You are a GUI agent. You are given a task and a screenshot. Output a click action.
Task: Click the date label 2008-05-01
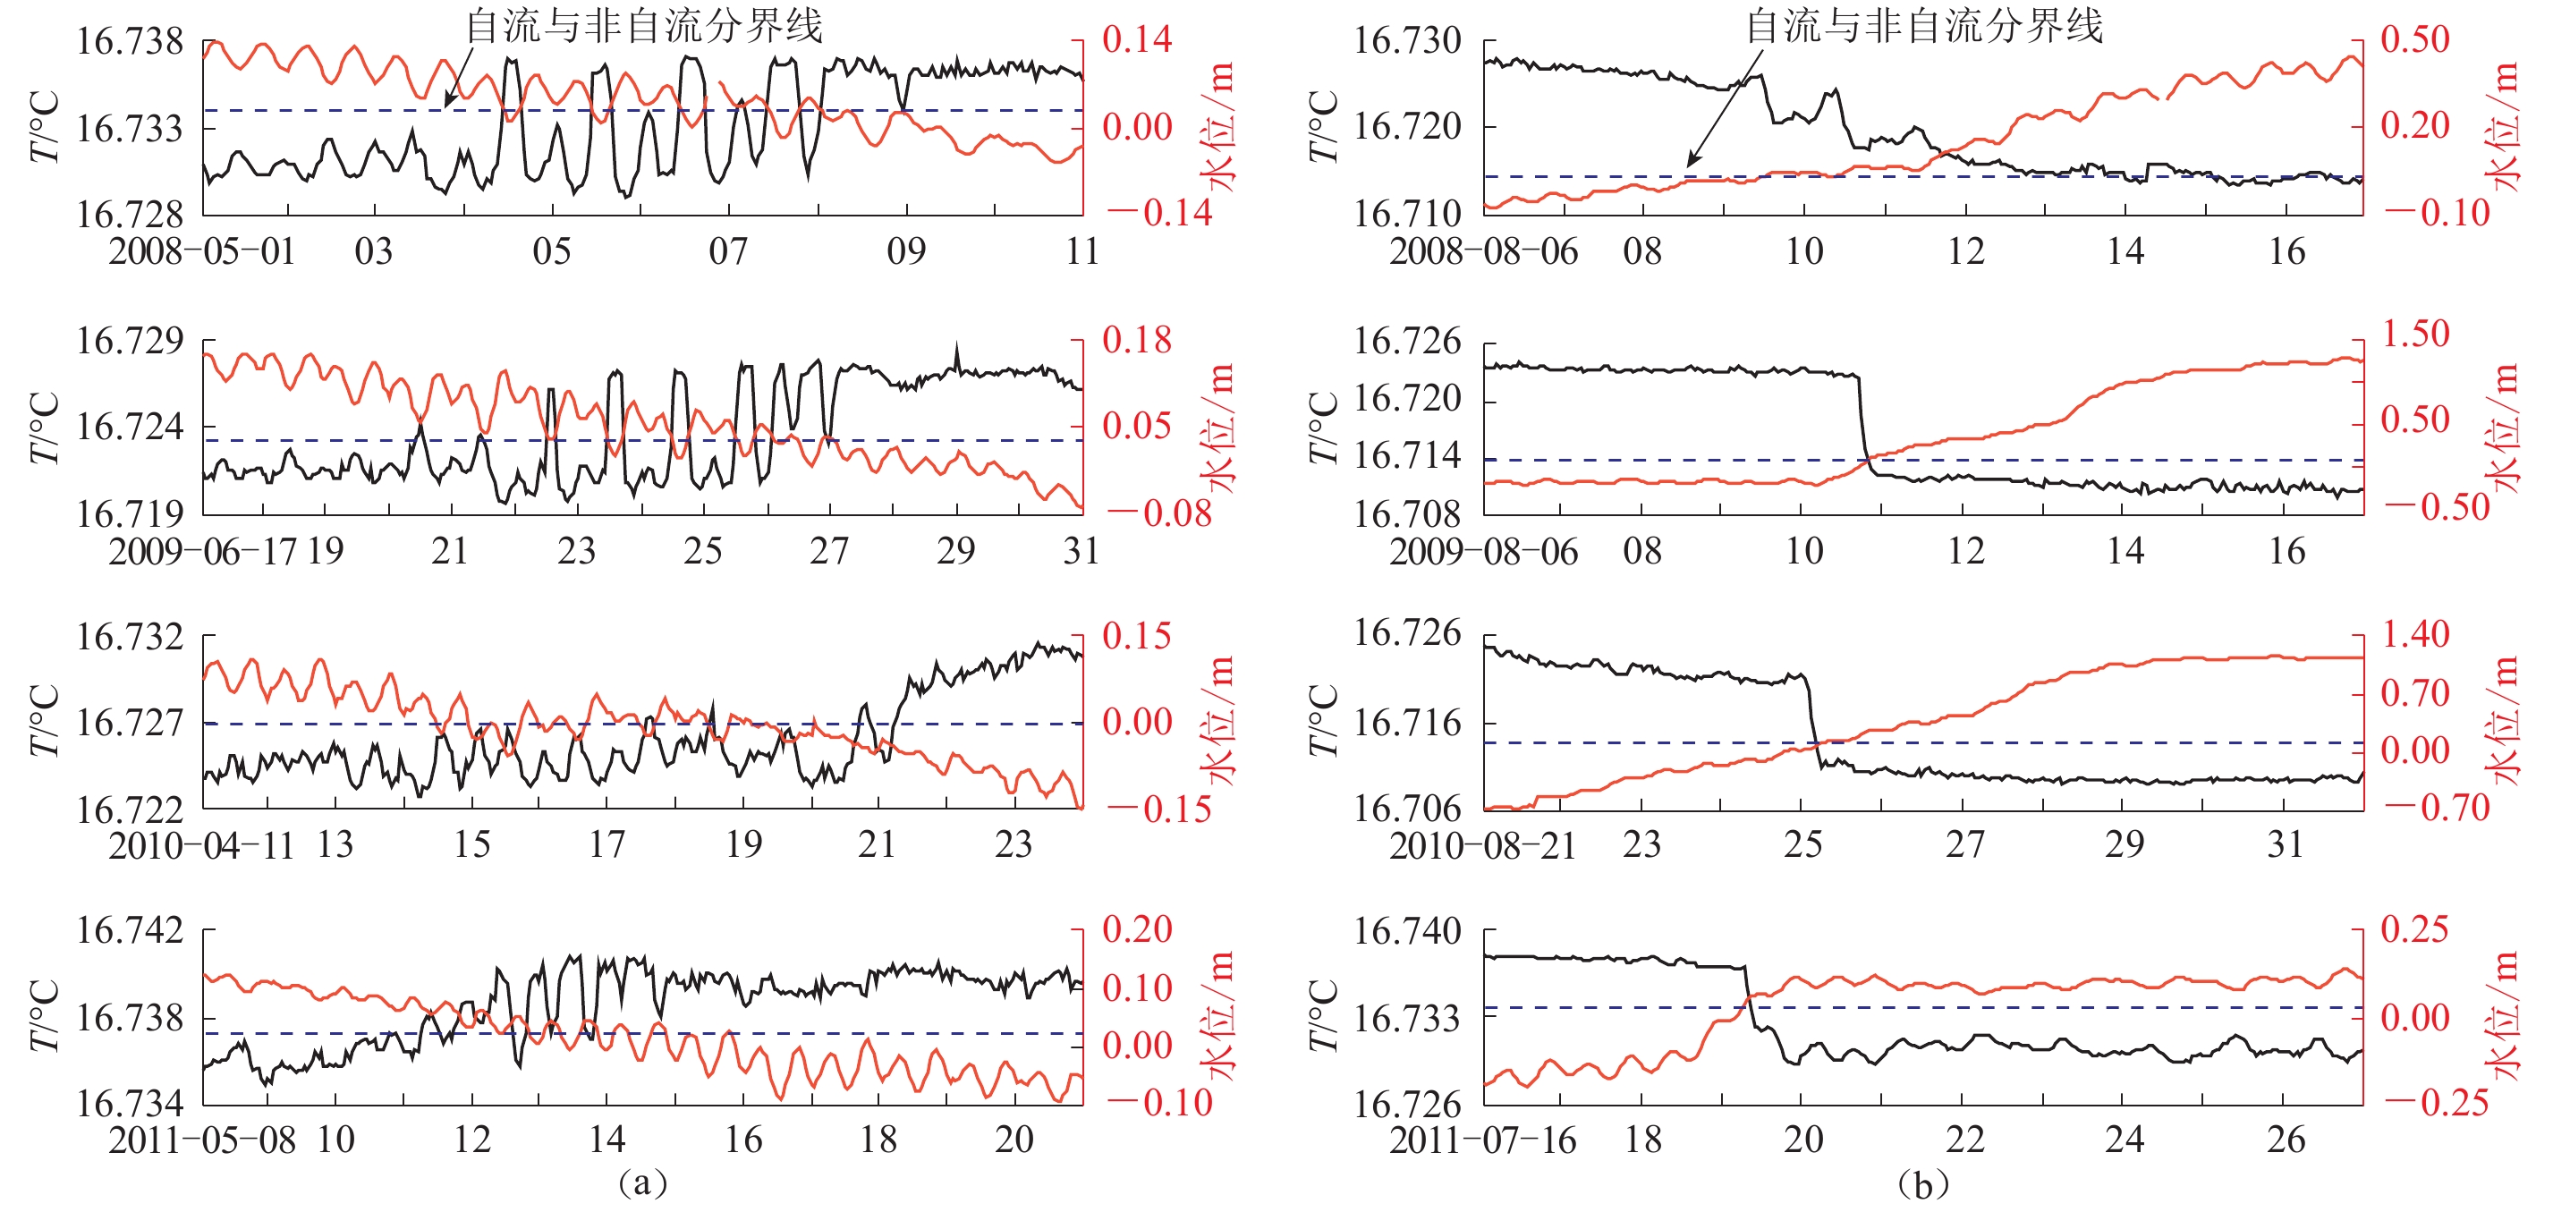pos(201,251)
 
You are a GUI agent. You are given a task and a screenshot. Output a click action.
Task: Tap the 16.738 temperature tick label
pos(130,42)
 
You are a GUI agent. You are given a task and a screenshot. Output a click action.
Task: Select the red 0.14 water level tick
pos(1137,39)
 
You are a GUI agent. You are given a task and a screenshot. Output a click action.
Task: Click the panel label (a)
pos(642,1182)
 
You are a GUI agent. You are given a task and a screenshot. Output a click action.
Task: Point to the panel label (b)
pos(1922,1183)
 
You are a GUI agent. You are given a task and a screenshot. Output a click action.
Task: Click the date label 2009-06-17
pos(201,551)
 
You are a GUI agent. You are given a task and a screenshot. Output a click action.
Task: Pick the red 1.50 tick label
pos(2415,334)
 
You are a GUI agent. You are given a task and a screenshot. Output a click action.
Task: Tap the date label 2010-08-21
pos(1481,845)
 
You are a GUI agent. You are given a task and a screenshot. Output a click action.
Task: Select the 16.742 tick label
pos(130,930)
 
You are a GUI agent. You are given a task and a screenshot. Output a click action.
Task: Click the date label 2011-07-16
pos(1481,1140)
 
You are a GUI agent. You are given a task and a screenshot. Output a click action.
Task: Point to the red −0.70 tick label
pos(2437,808)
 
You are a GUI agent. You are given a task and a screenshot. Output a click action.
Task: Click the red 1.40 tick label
pos(2415,634)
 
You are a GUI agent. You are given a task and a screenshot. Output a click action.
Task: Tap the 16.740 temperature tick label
pos(1407,931)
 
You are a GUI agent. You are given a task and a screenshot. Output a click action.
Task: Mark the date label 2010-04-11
pos(201,845)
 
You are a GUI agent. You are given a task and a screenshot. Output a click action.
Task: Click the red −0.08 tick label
pos(1158,513)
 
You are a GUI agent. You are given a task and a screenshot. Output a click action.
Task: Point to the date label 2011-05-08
pos(201,1140)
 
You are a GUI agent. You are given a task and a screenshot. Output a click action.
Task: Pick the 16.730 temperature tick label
pos(1407,42)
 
